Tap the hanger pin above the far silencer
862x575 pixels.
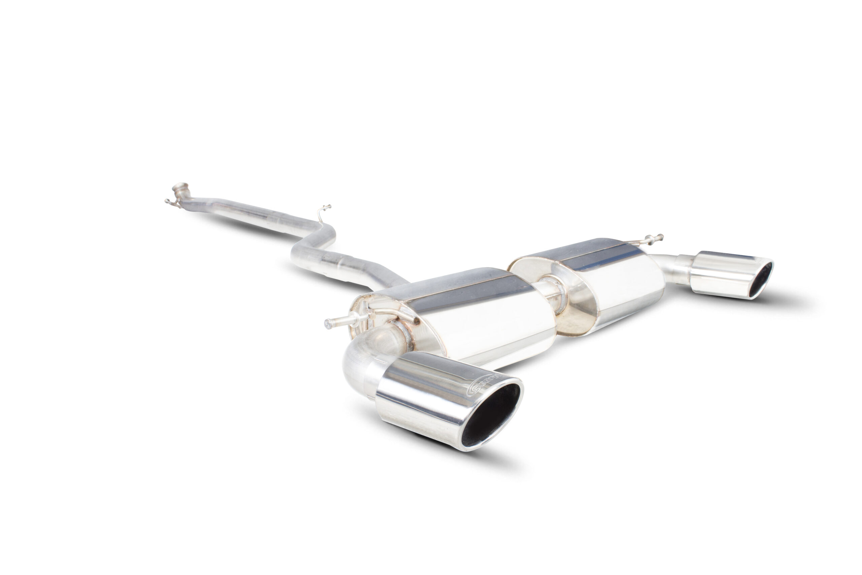coord(651,239)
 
